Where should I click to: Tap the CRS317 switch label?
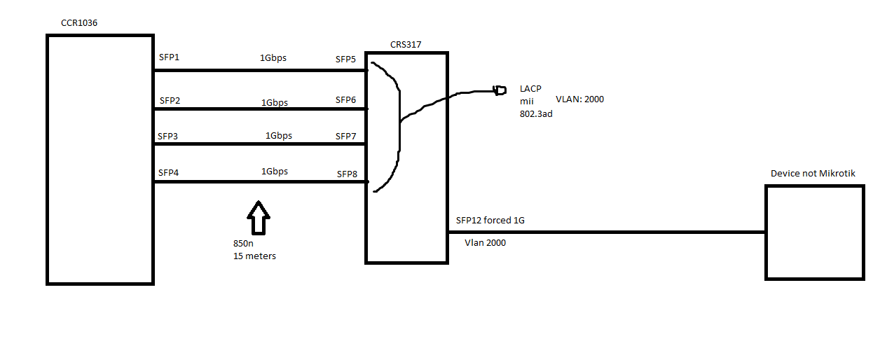tap(406, 45)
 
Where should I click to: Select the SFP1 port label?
tap(170, 57)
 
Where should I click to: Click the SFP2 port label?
tap(170, 101)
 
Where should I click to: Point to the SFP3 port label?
tap(167, 136)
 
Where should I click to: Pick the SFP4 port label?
tap(169, 172)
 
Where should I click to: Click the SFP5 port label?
tap(346, 60)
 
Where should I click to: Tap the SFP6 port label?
tap(346, 100)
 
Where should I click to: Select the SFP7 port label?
tap(346, 136)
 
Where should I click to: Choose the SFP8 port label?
tap(348, 174)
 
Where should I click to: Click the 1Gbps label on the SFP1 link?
tap(273, 58)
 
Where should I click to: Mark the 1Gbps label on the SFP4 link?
tap(275, 172)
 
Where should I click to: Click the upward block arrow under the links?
tap(259, 217)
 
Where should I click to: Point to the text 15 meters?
tap(254, 256)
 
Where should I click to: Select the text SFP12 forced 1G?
tap(490, 221)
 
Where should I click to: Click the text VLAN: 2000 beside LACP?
tap(579, 99)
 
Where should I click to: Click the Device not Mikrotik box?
tap(814, 233)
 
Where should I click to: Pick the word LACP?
tap(530, 89)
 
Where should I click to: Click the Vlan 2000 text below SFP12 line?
tap(485, 243)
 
